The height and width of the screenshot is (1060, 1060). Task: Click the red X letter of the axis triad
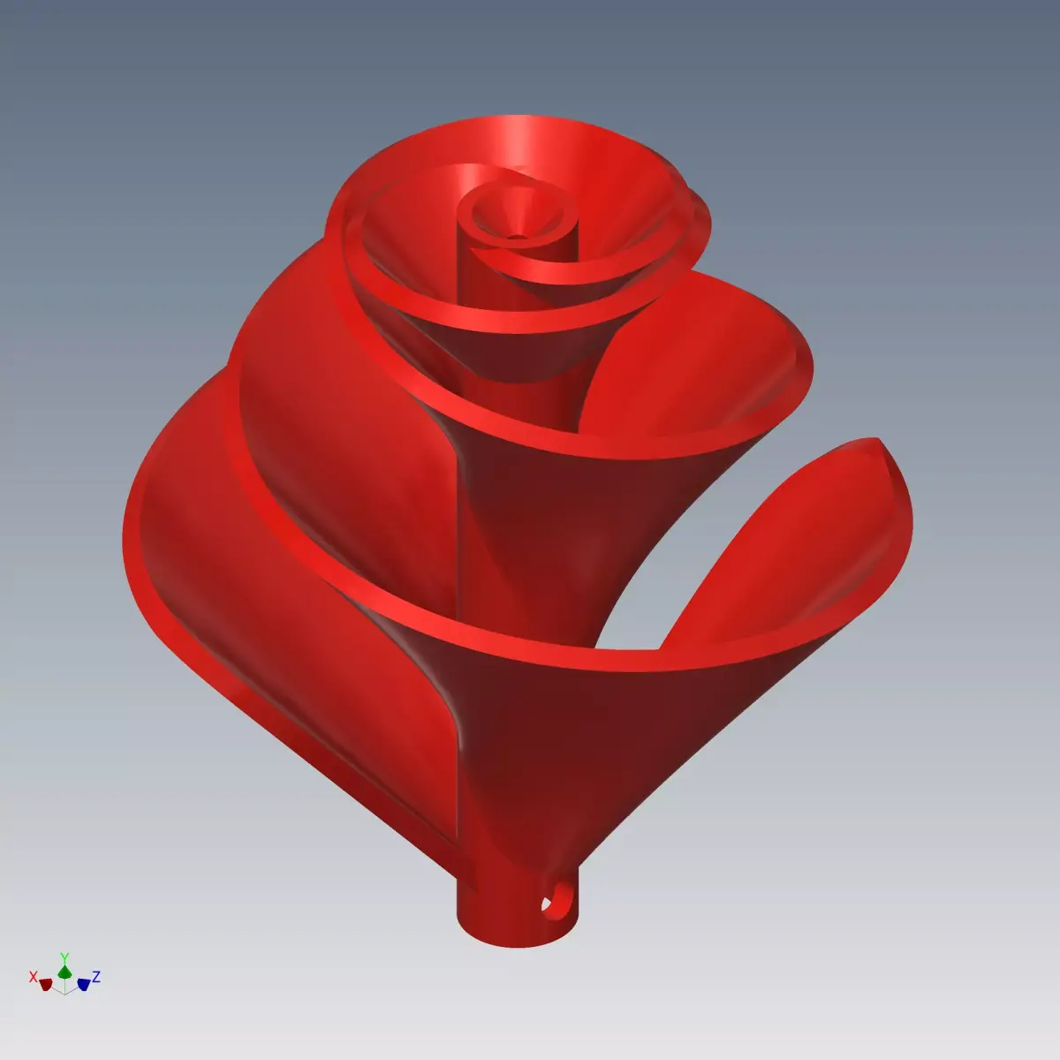tap(33, 977)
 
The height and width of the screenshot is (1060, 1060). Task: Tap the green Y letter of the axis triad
tap(64, 957)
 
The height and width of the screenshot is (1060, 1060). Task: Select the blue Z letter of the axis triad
tap(96, 976)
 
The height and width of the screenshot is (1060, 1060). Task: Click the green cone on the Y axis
tap(64, 972)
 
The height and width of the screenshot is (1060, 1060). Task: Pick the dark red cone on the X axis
tap(46, 984)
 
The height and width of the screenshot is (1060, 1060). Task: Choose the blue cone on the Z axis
tap(83, 983)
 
